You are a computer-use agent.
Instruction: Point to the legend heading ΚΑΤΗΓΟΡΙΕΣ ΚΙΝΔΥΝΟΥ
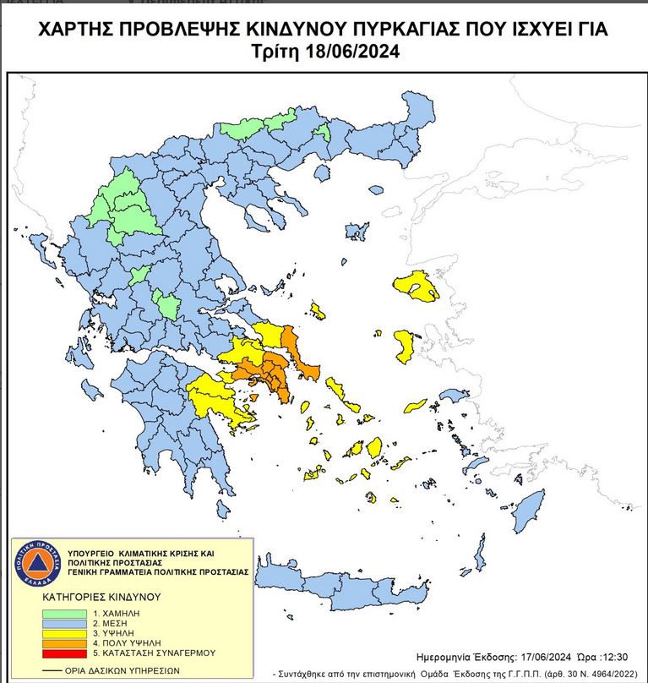101,597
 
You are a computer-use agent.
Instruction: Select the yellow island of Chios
404,344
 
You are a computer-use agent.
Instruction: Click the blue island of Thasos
321,172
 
